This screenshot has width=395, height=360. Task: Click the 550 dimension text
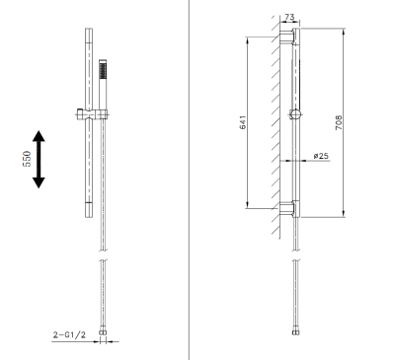pyautogui.click(x=29, y=158)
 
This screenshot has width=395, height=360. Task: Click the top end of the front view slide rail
pyautogui.click(x=89, y=34)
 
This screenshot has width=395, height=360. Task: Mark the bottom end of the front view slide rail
pyautogui.click(x=89, y=215)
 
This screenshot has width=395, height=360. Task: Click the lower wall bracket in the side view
pyautogui.click(x=288, y=208)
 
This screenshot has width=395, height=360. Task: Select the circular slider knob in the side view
pyautogui.click(x=294, y=115)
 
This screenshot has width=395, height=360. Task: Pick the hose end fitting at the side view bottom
pyautogui.click(x=294, y=337)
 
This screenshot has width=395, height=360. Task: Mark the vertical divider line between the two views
pyautogui.click(x=189, y=178)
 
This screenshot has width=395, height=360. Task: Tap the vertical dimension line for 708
pyautogui.click(x=343, y=122)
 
